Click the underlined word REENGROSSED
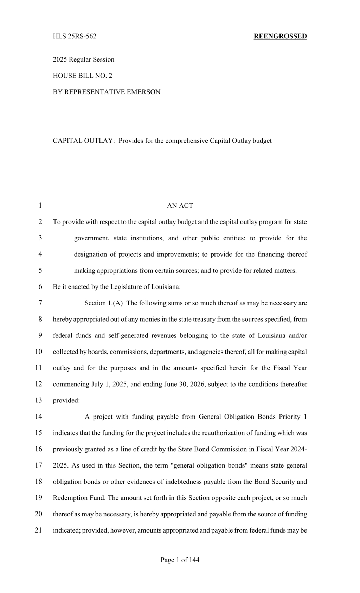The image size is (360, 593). pos(280,36)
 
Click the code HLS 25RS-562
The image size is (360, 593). pos(75,36)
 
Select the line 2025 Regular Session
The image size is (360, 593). pos(84,59)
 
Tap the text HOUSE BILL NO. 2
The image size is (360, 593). pos(83,76)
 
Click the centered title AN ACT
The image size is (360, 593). pos(180,206)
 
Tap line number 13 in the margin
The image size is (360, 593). pos(38,400)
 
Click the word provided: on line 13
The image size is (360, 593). pos(66,400)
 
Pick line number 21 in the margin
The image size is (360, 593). pos(38,530)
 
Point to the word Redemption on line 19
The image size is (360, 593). pos(69,498)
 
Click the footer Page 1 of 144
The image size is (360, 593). pos(180,560)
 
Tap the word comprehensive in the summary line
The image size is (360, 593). pos(186,141)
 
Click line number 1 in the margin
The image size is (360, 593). pos(40,206)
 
